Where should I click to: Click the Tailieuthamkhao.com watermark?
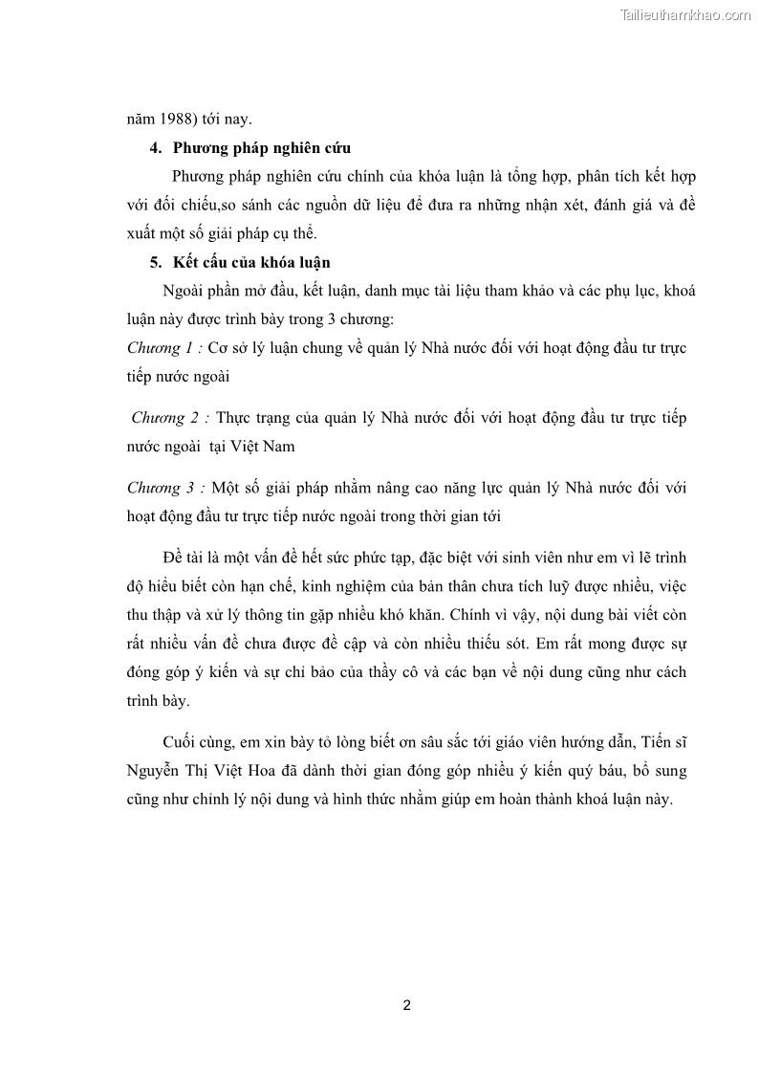tap(686, 14)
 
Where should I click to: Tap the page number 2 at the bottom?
tap(407, 1005)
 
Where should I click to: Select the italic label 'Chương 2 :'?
tap(170, 418)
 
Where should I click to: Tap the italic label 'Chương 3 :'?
tap(166, 488)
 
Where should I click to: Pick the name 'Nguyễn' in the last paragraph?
tap(152, 771)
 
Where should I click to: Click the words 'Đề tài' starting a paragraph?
tap(185, 558)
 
